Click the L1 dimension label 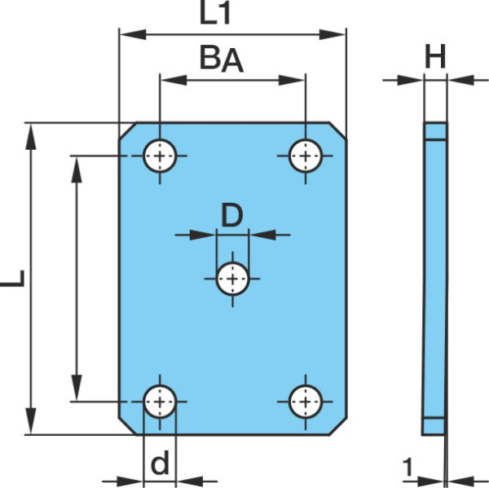(x=214, y=15)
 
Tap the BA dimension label (x=222, y=59)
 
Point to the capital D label (x=231, y=215)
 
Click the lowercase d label (x=160, y=462)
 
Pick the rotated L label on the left (x=12, y=278)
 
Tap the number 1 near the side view (x=407, y=467)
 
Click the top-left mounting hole (x=160, y=156)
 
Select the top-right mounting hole (x=306, y=156)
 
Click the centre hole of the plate (x=232, y=279)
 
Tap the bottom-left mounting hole (x=160, y=402)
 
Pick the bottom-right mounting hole (x=306, y=402)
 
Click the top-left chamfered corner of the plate (x=127, y=130)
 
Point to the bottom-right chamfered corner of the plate (x=337, y=426)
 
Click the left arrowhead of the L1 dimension (x=133, y=34)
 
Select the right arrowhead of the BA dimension (x=292, y=80)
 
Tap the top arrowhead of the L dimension (x=31, y=137)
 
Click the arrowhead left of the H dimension (x=410, y=80)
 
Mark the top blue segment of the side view (x=435, y=131)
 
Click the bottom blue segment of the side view (x=434, y=426)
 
